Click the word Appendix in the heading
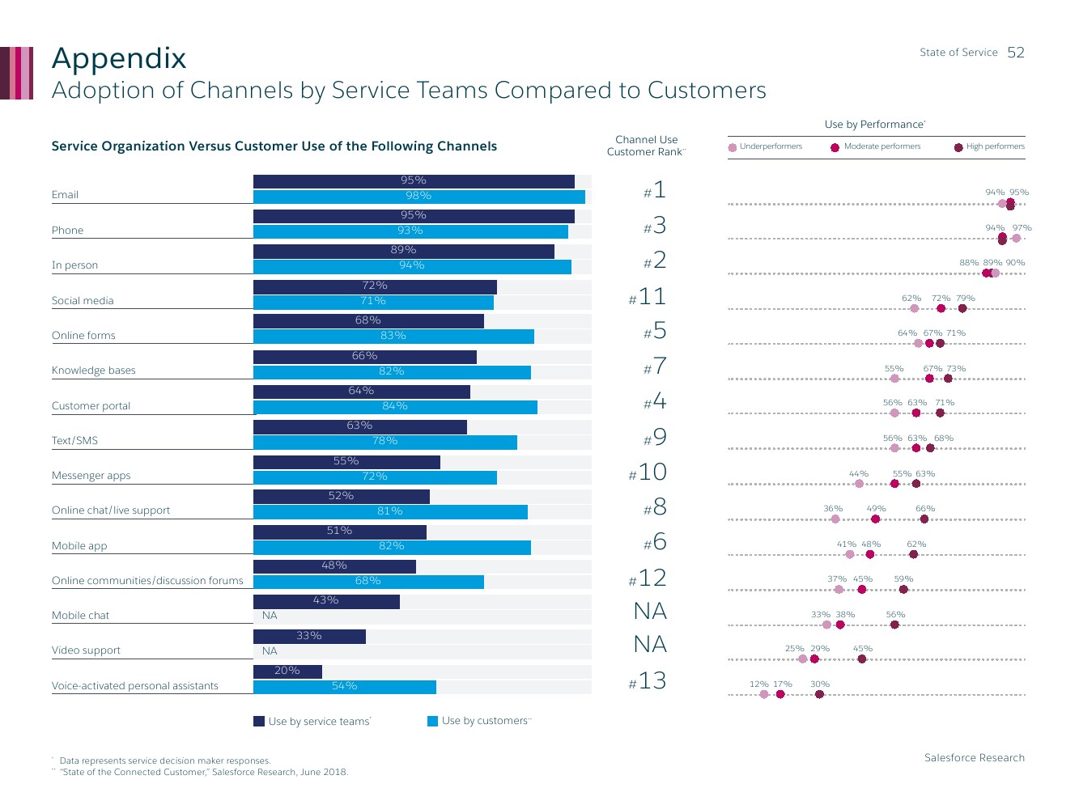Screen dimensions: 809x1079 click(119, 59)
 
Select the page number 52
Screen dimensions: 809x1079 click(1016, 53)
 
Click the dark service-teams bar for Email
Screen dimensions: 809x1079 click(414, 181)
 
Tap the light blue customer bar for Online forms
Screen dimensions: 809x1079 click(393, 336)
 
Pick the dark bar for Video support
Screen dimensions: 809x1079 click(309, 636)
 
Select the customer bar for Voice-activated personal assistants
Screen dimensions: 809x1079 click(344, 687)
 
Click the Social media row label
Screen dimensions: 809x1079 click(83, 301)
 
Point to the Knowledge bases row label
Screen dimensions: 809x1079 click(94, 371)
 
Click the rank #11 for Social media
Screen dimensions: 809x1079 click(648, 297)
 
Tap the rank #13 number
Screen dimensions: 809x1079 click(648, 681)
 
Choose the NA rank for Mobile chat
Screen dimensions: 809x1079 click(650, 611)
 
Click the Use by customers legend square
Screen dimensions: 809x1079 click(433, 721)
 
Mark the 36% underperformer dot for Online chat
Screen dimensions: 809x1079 click(835, 519)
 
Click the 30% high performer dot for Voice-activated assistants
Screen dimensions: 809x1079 click(819, 694)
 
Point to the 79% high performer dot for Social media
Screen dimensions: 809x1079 click(962, 308)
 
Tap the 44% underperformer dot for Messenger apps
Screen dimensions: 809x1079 click(859, 484)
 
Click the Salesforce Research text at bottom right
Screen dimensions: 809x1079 click(974, 758)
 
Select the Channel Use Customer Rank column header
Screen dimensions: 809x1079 click(646, 146)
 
